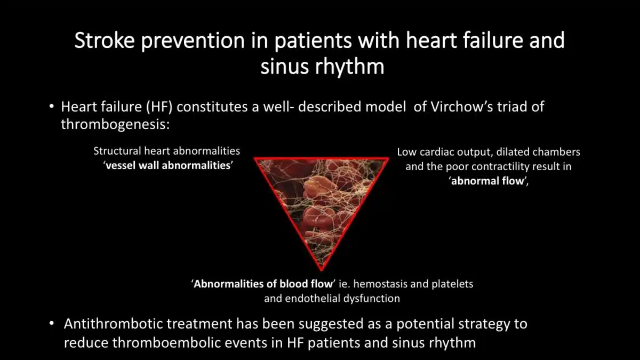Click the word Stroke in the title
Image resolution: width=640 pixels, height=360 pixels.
tap(105, 41)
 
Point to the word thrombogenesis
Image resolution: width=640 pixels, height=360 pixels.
tap(115, 125)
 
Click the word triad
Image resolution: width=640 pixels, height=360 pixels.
tap(511, 107)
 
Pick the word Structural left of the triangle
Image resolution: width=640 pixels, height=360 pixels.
tap(117, 151)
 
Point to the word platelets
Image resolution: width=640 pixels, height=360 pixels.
tap(452, 284)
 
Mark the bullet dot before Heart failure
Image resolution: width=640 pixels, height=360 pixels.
tap(51, 107)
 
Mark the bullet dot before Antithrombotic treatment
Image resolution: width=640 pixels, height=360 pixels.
tap(51, 324)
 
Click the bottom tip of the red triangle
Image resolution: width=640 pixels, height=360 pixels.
tap(322, 270)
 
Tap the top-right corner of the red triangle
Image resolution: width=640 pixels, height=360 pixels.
tap(389, 158)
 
